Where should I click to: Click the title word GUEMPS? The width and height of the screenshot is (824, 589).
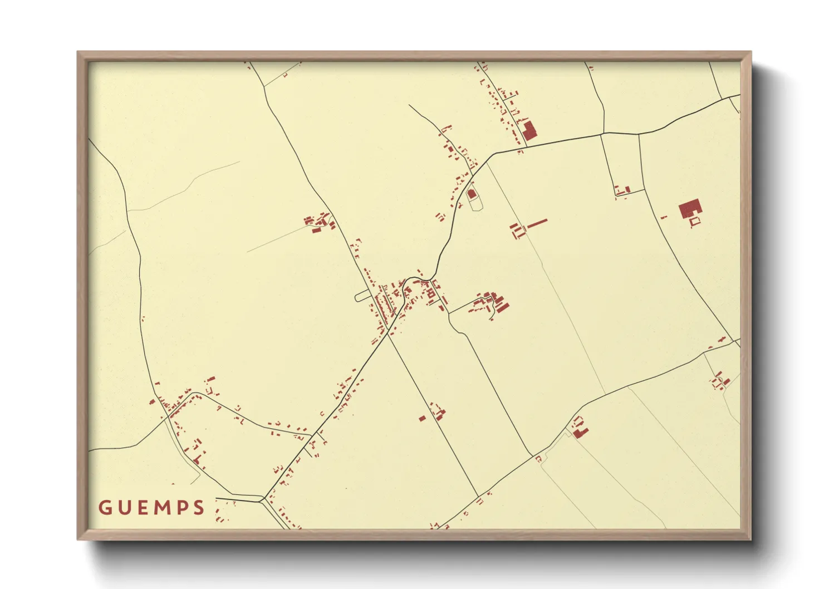coord(151,507)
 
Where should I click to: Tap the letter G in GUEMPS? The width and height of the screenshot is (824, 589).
coord(104,507)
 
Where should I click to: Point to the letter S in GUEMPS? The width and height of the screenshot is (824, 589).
coord(199,507)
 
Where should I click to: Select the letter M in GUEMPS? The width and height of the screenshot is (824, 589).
coord(161,507)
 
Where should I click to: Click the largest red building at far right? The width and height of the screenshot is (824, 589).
coord(689,210)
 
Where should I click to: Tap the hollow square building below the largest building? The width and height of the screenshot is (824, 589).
coord(694,222)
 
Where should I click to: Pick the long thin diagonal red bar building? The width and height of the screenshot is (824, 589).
coord(537,223)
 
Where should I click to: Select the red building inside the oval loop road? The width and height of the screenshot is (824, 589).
coord(472,194)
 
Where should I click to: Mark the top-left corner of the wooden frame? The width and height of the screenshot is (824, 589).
coord(77,52)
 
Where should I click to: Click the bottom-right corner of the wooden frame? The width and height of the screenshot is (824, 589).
coord(751,539)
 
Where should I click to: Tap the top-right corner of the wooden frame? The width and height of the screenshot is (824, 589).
coord(751,52)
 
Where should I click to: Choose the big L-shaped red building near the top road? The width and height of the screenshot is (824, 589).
coord(528,131)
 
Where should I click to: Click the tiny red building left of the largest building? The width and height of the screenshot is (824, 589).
coord(664,217)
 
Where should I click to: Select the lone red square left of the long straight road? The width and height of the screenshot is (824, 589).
coord(422,418)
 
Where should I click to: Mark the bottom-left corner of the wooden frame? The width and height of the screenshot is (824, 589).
coord(77,539)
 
